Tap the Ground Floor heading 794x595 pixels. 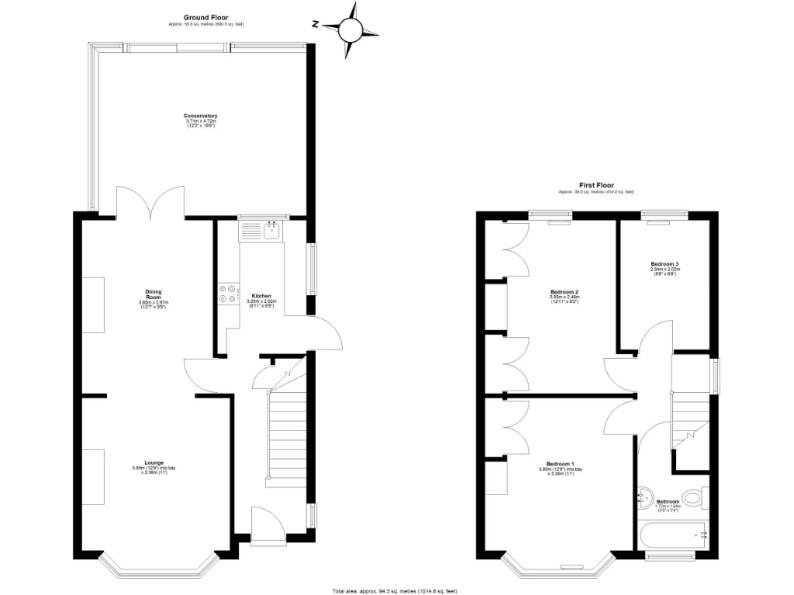[x=205, y=16]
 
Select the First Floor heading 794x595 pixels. [x=596, y=185]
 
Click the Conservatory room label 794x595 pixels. [x=201, y=116]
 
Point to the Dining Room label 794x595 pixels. [x=153, y=295]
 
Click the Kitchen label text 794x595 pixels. [x=261, y=296]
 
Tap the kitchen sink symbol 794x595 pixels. [x=271, y=230]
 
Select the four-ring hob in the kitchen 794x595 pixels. [x=226, y=291]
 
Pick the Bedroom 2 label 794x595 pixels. [x=564, y=292]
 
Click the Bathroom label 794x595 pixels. [x=668, y=501]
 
